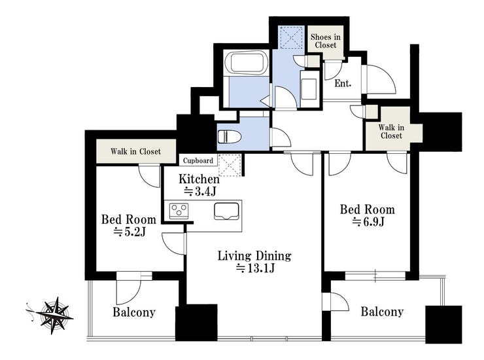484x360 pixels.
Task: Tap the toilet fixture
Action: point(229,136)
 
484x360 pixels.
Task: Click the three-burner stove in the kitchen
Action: point(179,211)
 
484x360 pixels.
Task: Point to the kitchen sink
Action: point(226,211)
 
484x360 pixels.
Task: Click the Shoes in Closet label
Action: point(325,41)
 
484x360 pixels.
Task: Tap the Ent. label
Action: point(343,83)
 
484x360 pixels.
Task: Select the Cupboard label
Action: point(198,160)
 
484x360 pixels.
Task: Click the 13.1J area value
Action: point(255,268)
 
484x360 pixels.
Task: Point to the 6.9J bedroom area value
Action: point(368,221)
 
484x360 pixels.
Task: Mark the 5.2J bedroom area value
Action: point(130,232)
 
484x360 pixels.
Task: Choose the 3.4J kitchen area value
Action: point(199,192)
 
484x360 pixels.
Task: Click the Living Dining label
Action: point(254,256)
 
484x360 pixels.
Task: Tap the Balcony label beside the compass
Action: point(134,312)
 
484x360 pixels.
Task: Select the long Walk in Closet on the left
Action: point(136,151)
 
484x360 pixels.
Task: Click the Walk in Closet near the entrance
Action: point(391,132)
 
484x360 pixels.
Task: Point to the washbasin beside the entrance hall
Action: point(309,89)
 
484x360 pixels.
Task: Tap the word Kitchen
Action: point(199,179)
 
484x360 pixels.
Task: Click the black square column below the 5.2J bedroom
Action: point(196,323)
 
